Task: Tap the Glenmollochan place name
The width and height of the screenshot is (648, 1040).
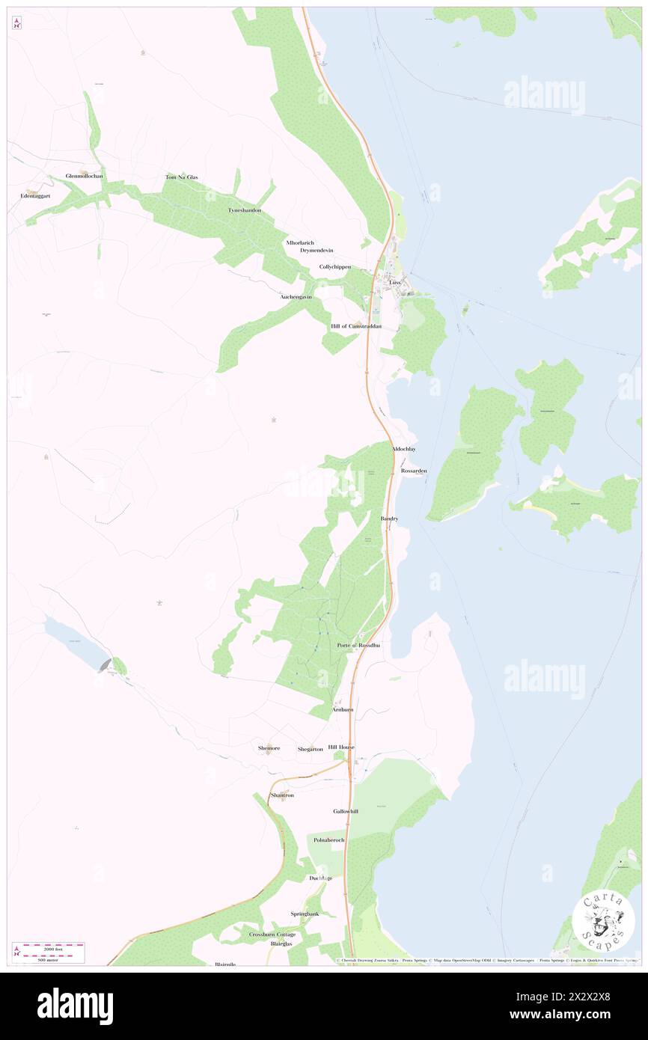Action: pos(85,177)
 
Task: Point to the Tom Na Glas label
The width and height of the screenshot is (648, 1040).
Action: pos(181,177)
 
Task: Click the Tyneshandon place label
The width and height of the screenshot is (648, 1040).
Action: pos(245,211)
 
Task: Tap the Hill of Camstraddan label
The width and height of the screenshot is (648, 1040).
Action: pos(356,327)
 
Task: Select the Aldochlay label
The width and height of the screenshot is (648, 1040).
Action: pos(403,449)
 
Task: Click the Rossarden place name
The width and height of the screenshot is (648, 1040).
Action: pos(414,471)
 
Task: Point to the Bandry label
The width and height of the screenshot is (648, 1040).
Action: pos(389,519)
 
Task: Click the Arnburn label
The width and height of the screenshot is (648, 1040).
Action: pos(343,709)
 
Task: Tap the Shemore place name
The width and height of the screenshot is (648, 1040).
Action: pos(269,748)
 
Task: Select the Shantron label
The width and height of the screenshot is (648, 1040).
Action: pos(282,795)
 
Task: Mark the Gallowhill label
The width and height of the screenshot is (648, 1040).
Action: pos(346,811)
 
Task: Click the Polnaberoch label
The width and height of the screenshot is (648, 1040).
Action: pos(329,840)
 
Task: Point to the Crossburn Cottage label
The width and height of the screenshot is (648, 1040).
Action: pos(272,935)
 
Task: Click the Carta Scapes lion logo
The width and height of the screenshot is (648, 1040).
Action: pos(603,923)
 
